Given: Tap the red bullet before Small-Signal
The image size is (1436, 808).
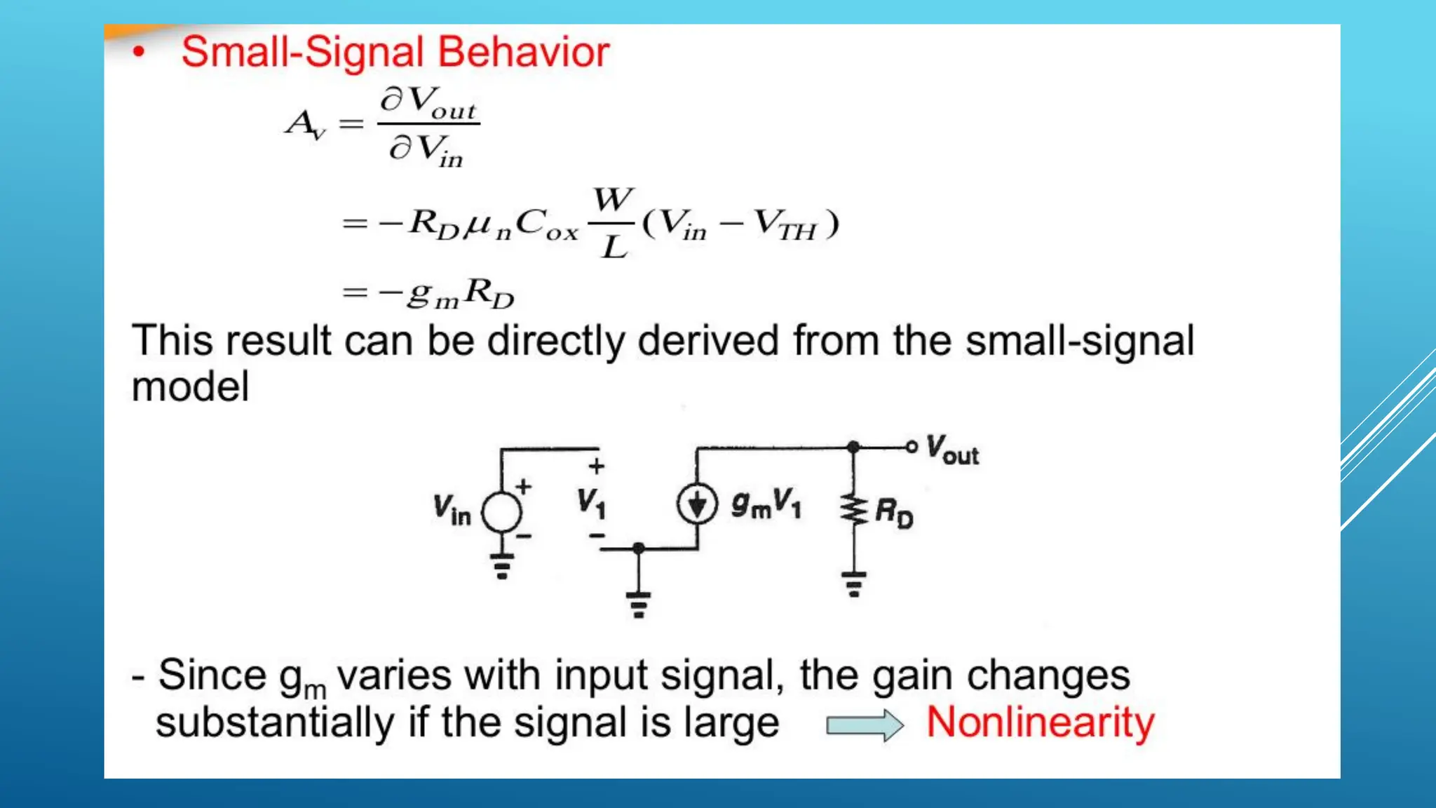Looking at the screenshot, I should [140, 52].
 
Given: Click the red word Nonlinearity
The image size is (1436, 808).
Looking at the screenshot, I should [1040, 722].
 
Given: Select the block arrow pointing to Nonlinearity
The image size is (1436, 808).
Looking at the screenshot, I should [865, 725].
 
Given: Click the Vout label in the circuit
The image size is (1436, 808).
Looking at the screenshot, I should [951, 450].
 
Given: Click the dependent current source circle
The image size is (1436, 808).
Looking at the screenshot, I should [697, 504].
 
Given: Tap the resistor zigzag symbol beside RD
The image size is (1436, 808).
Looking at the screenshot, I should [854, 510].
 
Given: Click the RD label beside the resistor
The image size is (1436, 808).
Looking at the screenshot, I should [894, 513].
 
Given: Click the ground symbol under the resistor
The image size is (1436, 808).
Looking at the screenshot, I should [854, 584].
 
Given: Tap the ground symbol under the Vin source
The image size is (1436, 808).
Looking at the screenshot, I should [502, 566].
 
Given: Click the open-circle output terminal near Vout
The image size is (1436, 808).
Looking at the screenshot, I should [911, 447].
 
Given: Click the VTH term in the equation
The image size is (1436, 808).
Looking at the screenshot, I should [785, 224].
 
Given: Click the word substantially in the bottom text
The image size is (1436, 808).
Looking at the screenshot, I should [275, 723].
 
